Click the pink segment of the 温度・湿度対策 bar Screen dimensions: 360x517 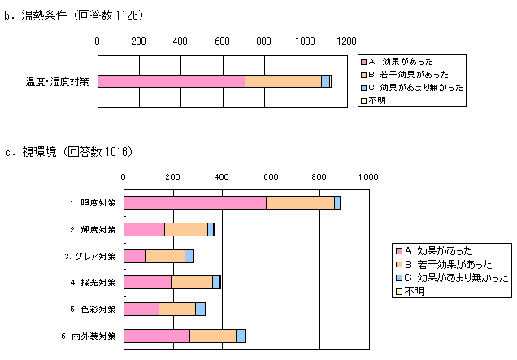coord(172,81)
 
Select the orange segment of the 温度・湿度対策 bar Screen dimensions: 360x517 coord(283,81)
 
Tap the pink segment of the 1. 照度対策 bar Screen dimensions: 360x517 coord(195,202)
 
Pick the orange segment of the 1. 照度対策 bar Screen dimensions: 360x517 coord(300,202)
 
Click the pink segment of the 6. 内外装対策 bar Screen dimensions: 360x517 coord(157,336)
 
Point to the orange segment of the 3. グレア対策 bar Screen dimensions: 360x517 coord(165,256)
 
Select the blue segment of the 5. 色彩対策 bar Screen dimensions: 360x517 coord(200,309)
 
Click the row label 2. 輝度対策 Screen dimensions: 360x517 coord(93,230)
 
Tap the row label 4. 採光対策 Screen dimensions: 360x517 coord(93,283)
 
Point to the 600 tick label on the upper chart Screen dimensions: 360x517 coord(221,41)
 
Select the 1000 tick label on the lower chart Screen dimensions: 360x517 coord(368,176)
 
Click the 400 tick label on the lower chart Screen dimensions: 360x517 coord(222,176)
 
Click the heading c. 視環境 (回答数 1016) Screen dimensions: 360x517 coord(68,151)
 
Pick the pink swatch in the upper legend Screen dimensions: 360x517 coord(364,62)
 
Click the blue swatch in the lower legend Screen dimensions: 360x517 coord(398,277)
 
